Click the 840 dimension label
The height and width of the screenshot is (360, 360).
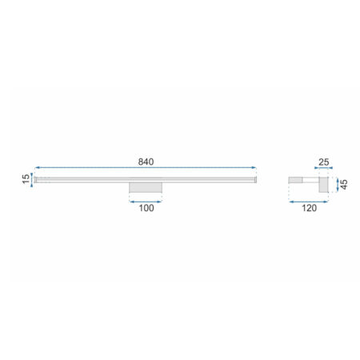[146, 162]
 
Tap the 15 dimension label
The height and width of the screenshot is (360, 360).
[26, 179]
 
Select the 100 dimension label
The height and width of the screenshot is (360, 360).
[146, 208]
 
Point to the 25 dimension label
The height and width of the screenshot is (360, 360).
[324, 162]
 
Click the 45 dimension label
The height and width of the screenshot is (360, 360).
[344, 185]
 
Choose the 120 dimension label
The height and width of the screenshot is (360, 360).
[309, 208]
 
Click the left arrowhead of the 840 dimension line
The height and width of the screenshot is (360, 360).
[37, 168]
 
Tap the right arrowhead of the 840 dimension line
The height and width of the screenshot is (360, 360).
[254, 168]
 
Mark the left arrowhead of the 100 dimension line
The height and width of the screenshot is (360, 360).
[132, 202]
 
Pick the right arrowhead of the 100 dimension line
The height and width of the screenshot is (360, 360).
[159, 202]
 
